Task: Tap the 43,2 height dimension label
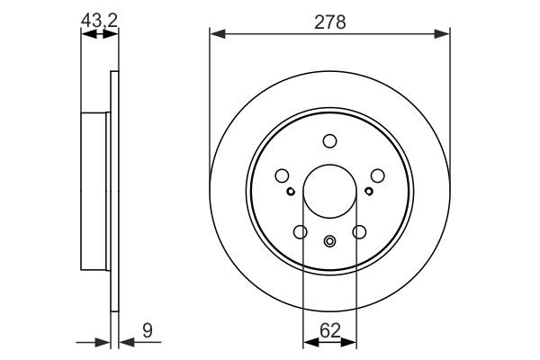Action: tap(99, 18)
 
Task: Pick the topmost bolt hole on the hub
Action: tap(329, 140)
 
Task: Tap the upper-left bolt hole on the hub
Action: tap(282, 176)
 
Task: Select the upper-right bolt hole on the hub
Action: tap(377, 176)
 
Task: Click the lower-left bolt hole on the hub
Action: tap(300, 232)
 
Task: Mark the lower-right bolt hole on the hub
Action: tap(359, 232)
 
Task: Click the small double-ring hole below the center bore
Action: tap(329, 240)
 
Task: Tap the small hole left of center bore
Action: tap(290, 191)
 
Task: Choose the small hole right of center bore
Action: tap(369, 191)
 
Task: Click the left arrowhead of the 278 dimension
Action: tap(215, 34)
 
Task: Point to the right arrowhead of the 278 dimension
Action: tap(444, 34)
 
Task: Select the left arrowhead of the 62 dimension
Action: tap(309, 340)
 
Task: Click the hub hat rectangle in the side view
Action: tap(95, 190)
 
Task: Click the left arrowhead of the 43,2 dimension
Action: tap(86, 34)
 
